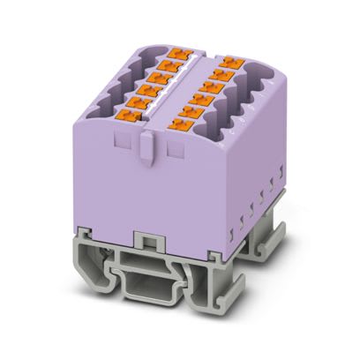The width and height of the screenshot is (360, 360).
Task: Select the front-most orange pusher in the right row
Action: [x=182, y=125]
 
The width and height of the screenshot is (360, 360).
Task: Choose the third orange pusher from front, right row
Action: [x=203, y=98]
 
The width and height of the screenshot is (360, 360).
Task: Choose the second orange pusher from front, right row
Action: [x=193, y=111]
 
